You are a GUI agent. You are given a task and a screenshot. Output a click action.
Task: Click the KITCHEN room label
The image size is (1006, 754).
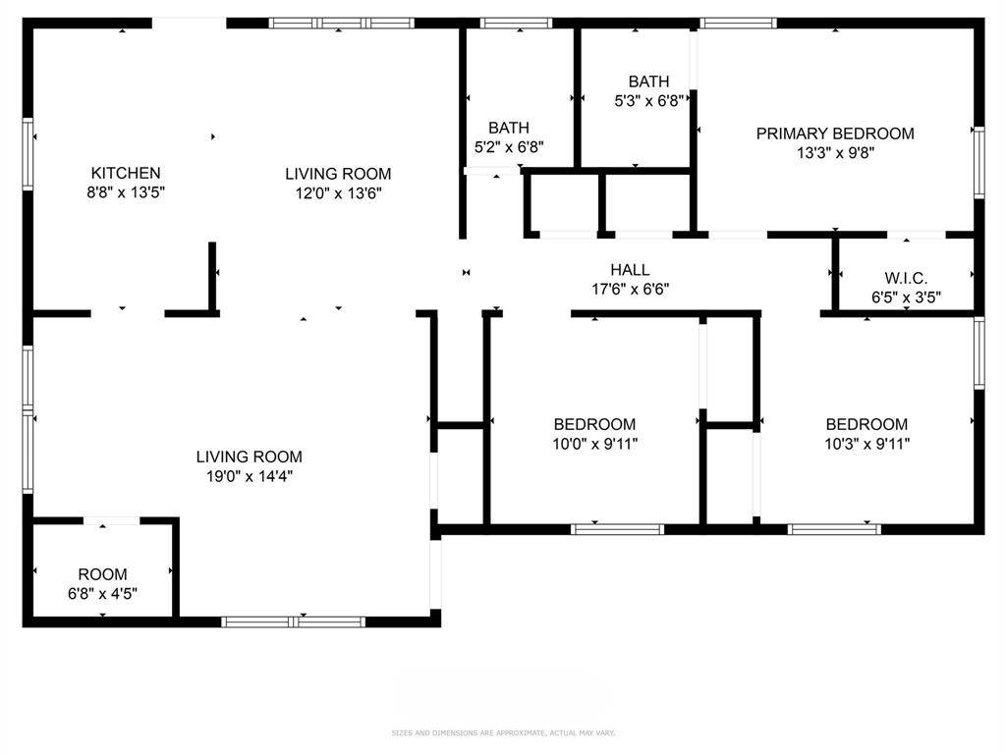tap(126, 173)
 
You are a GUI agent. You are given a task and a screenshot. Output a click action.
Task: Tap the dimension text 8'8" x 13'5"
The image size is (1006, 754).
tap(126, 192)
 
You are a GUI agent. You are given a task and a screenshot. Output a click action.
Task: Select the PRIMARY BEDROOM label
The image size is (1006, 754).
tap(834, 134)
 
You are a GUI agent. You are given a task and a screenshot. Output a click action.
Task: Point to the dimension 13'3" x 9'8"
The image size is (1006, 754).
tap(834, 152)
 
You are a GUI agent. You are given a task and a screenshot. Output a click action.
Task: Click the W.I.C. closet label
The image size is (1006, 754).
tap(905, 278)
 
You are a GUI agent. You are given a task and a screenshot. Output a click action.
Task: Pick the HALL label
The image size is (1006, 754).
tap(630, 270)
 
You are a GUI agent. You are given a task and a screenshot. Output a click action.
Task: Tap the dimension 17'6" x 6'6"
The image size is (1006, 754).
tap(630, 289)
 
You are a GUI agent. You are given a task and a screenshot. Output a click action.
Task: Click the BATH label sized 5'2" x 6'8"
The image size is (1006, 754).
tap(509, 128)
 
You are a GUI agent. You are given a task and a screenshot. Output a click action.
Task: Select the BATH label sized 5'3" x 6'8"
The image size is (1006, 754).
tap(648, 81)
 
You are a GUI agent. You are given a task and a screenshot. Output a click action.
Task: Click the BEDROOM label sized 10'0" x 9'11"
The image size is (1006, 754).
tap(594, 424)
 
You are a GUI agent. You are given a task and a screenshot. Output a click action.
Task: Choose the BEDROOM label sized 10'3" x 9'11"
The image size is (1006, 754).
tap(866, 424)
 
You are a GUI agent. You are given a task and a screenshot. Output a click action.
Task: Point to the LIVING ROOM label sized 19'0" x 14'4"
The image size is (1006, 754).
tap(249, 457)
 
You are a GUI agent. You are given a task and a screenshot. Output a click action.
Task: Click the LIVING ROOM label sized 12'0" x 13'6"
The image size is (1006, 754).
tap(338, 174)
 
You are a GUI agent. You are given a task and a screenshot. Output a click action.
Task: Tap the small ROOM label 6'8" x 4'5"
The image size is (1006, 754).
tap(102, 574)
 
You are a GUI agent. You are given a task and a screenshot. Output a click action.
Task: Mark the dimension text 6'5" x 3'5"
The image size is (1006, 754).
tap(905, 296)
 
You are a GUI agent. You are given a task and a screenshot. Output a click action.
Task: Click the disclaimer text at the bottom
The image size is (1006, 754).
tap(503, 732)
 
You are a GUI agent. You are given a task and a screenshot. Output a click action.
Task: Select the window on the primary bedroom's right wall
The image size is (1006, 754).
tap(978, 162)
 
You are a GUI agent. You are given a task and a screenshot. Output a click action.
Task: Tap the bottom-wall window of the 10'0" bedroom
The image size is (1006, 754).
tap(618, 529)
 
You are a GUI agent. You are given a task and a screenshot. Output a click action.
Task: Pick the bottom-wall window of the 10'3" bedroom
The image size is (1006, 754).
tap(834, 529)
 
